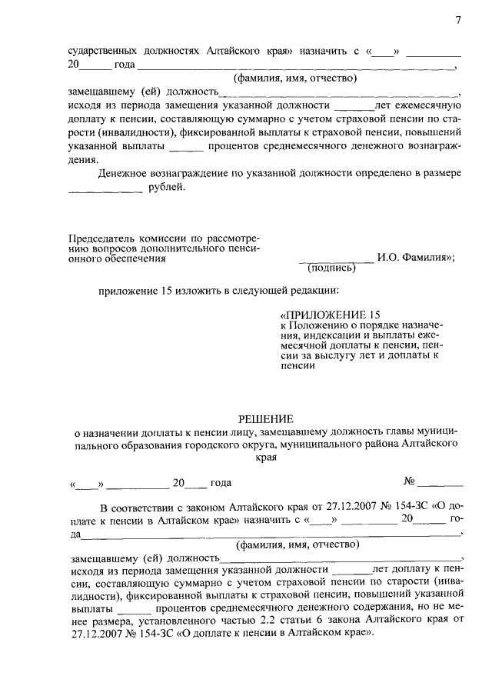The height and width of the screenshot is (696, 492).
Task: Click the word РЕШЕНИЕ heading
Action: coord(265,419)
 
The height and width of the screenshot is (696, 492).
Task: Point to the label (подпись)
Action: coord(332,268)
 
